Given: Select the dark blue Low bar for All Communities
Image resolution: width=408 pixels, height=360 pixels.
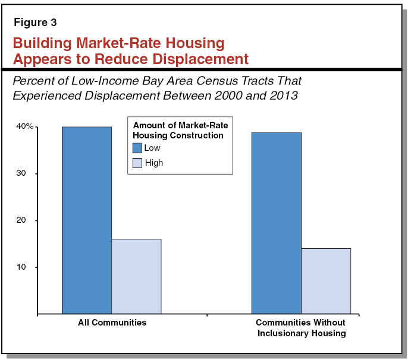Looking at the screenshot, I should (87, 220).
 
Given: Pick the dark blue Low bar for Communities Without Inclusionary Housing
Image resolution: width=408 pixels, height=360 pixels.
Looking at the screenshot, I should (276, 223).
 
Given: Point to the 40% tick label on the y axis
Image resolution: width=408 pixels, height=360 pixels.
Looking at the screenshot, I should (25, 127).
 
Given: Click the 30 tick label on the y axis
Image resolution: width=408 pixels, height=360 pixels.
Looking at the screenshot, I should (27, 173).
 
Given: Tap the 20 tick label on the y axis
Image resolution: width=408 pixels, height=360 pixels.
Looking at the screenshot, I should (27, 220).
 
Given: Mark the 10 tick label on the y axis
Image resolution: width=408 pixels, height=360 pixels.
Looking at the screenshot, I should (27, 267).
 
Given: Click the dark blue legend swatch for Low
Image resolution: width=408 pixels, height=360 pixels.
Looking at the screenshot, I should (137, 149).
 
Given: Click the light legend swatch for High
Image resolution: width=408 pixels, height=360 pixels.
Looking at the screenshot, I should (137, 163).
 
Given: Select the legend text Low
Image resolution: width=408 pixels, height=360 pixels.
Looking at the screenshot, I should (152, 149).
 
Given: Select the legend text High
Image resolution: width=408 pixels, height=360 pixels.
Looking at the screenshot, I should (153, 163).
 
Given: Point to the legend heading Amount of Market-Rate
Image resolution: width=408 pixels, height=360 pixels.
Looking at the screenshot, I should (180, 126).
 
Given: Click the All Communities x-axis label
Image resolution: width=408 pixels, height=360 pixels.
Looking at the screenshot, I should (112, 323).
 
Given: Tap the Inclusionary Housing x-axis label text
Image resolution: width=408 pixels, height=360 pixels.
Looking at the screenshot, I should (301, 333).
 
